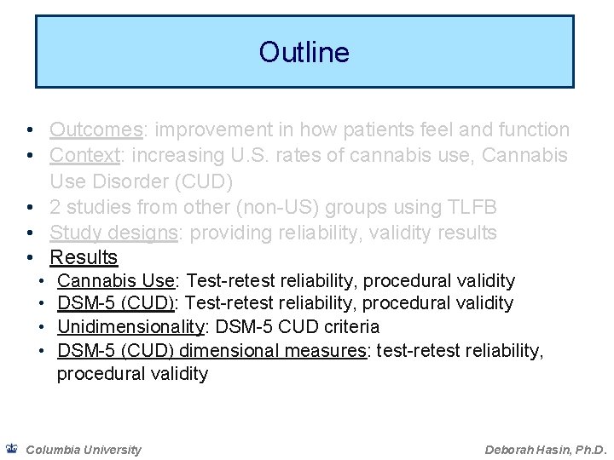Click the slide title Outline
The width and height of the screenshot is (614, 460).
tap(304, 53)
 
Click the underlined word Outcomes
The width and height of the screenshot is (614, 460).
tap(96, 129)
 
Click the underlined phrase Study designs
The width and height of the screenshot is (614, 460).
tap(112, 232)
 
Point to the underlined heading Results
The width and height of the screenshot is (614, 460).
tap(84, 257)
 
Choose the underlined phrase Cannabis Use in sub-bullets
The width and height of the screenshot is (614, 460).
tap(115, 280)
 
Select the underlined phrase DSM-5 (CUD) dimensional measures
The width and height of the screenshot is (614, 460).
tap(211, 350)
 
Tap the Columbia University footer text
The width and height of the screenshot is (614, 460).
tap(84, 450)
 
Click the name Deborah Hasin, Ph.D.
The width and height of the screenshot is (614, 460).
tap(545, 450)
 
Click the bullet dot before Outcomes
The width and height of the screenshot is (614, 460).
tap(30, 130)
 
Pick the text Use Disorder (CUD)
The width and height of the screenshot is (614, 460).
tap(141, 181)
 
